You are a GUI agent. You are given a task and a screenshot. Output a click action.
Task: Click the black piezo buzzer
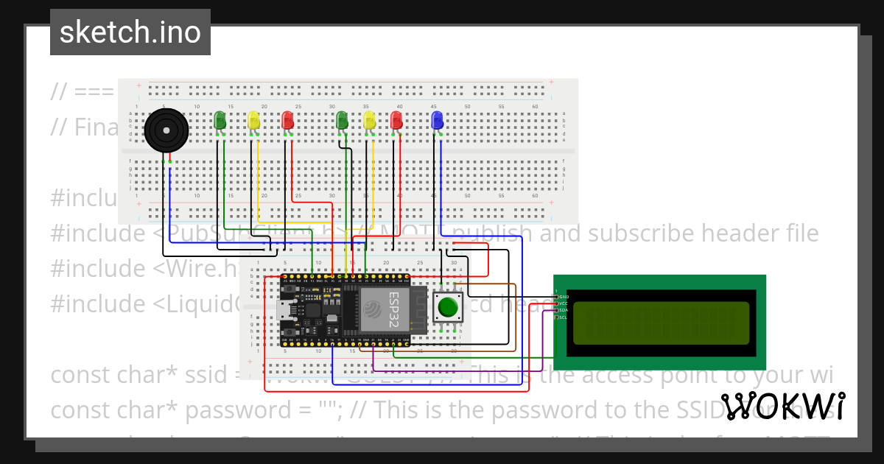tap(166, 131)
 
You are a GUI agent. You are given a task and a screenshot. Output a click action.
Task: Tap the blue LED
tap(438, 120)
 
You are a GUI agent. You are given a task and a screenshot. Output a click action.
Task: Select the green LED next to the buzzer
tap(220, 121)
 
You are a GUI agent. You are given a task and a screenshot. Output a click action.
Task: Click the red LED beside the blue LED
tap(397, 120)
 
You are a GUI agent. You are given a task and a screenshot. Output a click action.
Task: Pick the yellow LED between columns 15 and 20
tap(253, 121)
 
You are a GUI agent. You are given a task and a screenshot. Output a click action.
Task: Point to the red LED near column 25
tap(288, 121)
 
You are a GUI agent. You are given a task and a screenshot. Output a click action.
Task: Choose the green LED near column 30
tap(341, 120)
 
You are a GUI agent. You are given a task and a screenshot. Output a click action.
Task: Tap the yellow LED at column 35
tap(369, 120)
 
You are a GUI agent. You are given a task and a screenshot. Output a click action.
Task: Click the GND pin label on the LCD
tap(564, 296)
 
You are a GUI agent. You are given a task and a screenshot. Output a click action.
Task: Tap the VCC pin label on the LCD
tap(564, 303)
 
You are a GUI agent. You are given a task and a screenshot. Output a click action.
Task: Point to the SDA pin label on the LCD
tap(564, 310)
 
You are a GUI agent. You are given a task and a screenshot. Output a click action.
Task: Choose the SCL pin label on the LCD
tap(564, 317)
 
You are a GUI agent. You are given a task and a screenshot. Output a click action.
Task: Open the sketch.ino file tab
tap(130, 32)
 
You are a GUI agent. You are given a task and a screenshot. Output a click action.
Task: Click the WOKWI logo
tap(783, 407)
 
